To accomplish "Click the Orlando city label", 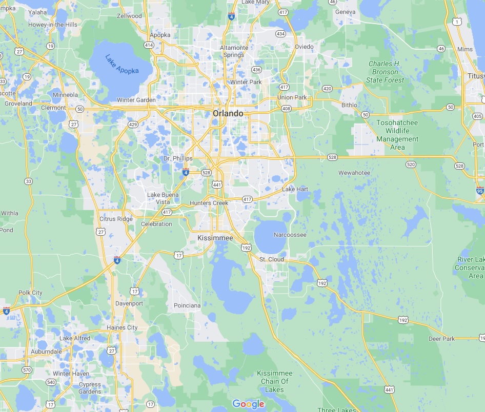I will (x=228, y=113).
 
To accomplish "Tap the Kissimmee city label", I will (x=215, y=238).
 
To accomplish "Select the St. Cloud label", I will (x=272, y=259).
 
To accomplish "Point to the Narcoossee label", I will (x=290, y=235).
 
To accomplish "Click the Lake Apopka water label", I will (x=122, y=64).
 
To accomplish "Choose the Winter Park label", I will (x=246, y=82).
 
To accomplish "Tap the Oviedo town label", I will (x=304, y=47).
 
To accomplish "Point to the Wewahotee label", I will (x=354, y=173).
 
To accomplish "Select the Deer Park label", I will (x=442, y=339).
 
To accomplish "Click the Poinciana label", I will (x=187, y=305).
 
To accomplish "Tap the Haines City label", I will (x=122, y=327).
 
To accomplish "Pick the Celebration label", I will (x=156, y=224).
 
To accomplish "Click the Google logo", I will (x=248, y=404).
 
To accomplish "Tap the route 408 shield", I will (x=286, y=109).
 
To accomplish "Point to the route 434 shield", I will (x=280, y=34).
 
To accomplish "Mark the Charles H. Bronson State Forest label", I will (x=385, y=72).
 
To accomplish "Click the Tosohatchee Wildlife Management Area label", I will (x=397, y=135).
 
